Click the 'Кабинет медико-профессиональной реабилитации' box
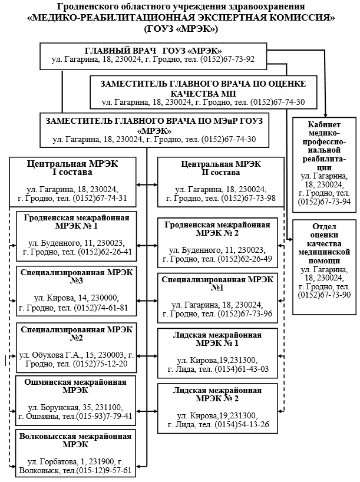tap(324, 165)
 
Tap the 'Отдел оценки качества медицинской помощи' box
tap(324, 261)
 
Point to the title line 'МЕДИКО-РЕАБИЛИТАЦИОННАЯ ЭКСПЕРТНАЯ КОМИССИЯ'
tap(180, 17)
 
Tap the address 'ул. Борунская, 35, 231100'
tap(75, 407)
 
